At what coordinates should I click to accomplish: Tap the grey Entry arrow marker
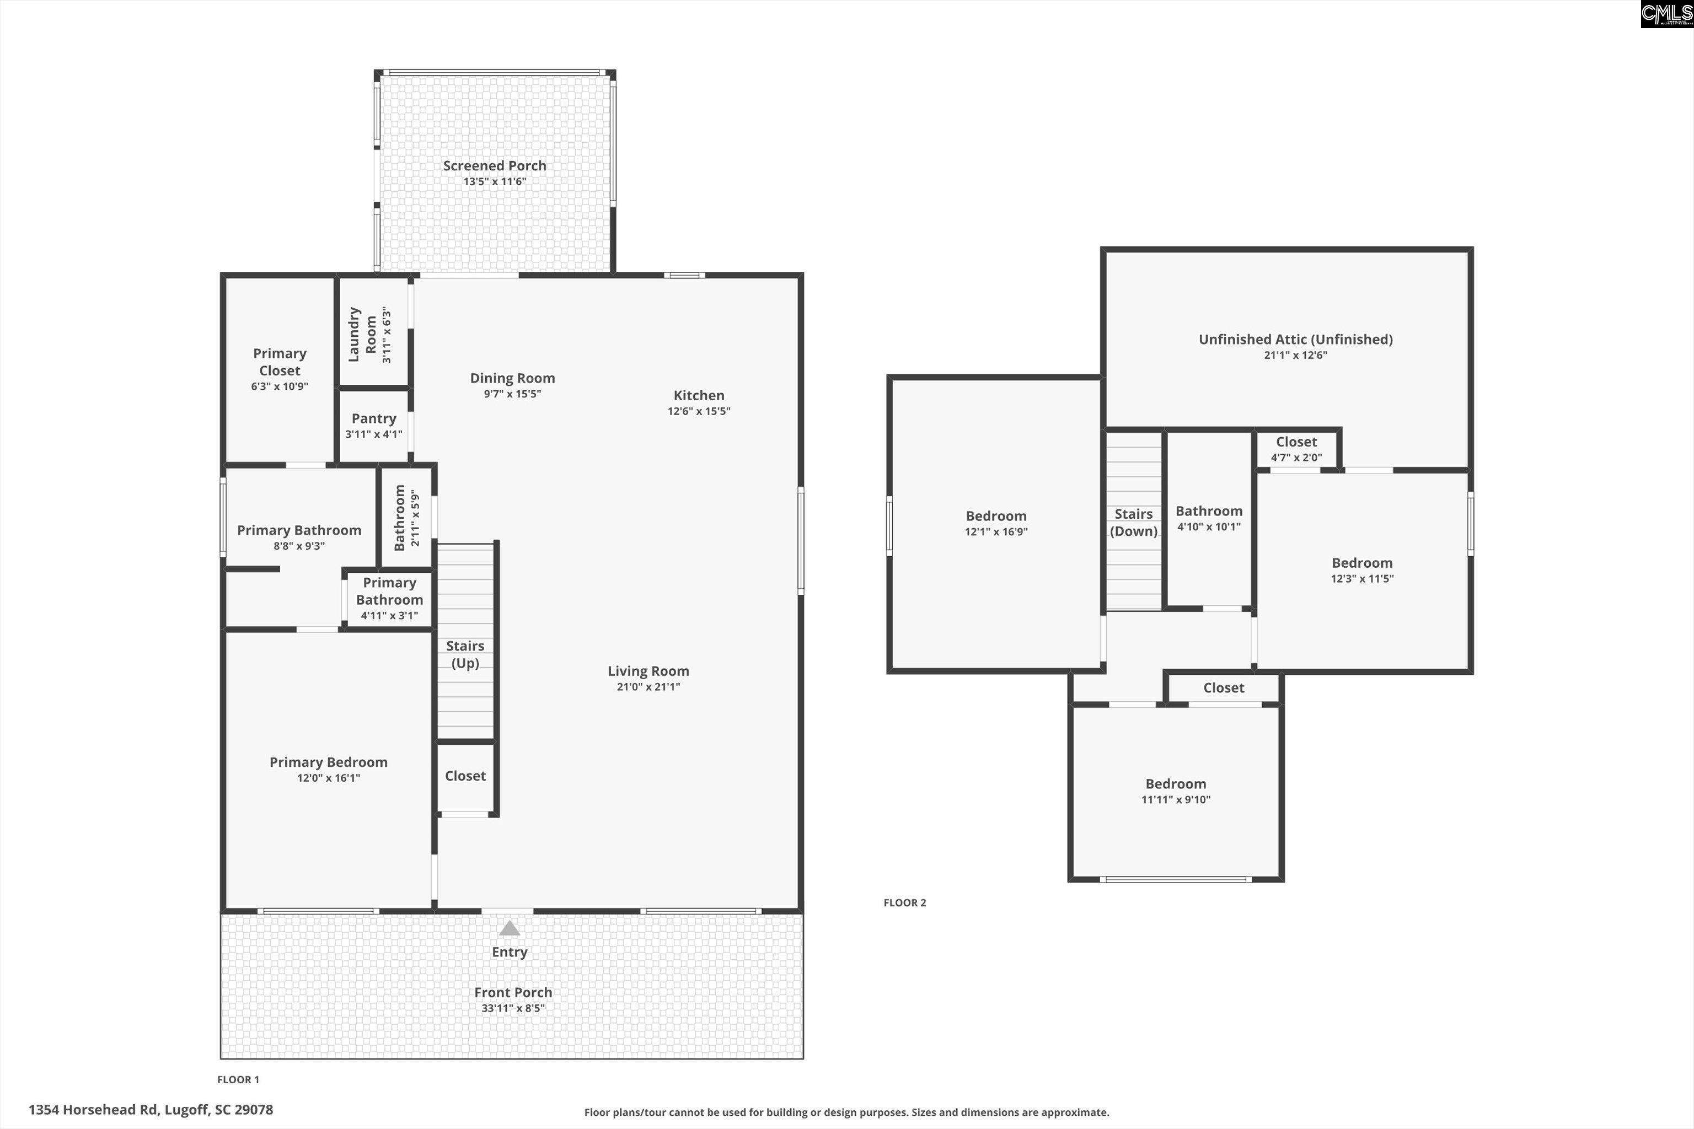[x=509, y=929]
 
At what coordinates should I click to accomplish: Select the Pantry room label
[x=373, y=419]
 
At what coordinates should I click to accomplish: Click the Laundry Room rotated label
[x=362, y=335]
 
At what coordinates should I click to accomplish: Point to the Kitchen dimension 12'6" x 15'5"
[x=699, y=411]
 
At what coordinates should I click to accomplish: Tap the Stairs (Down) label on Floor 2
[x=1133, y=523]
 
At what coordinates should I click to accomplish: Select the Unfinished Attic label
[x=1295, y=339]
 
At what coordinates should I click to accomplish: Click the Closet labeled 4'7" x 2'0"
[x=1296, y=449]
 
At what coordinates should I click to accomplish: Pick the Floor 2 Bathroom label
[x=1209, y=511]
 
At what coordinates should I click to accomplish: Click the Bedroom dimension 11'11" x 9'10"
[x=1176, y=800]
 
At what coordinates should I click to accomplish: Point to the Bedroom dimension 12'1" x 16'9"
[x=995, y=532]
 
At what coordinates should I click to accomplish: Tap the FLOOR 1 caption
[x=238, y=1079]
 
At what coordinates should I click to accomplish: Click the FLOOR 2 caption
[x=904, y=903]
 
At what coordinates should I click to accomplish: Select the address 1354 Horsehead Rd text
[x=151, y=1110]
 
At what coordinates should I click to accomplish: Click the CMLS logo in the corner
[x=1666, y=14]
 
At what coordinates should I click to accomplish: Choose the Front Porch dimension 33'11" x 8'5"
[x=513, y=1008]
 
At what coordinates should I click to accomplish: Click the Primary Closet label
[x=280, y=362]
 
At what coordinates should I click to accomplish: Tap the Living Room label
[x=648, y=671]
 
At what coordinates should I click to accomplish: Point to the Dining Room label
[x=512, y=378]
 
